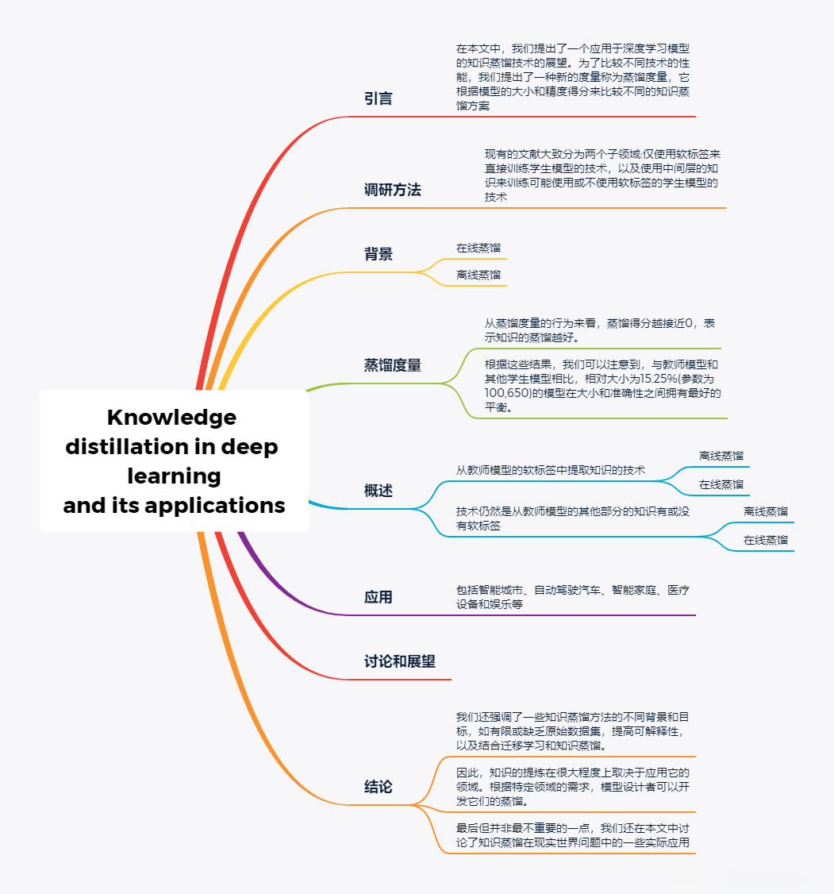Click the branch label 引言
[x=379, y=99]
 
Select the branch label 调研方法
[x=392, y=191]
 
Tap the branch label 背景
[x=379, y=255]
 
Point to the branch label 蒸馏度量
[x=392, y=366]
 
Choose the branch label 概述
[x=379, y=491]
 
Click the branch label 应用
[x=379, y=598]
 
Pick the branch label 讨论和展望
[x=400, y=662]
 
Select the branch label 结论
[x=379, y=788]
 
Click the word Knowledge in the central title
[x=171, y=418]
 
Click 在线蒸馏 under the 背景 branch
[x=478, y=249]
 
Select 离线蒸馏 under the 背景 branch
[x=478, y=276]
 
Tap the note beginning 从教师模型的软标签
[x=551, y=470]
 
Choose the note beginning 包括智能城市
[x=572, y=597]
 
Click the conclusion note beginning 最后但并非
[x=572, y=835]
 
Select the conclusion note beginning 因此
[x=572, y=786]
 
